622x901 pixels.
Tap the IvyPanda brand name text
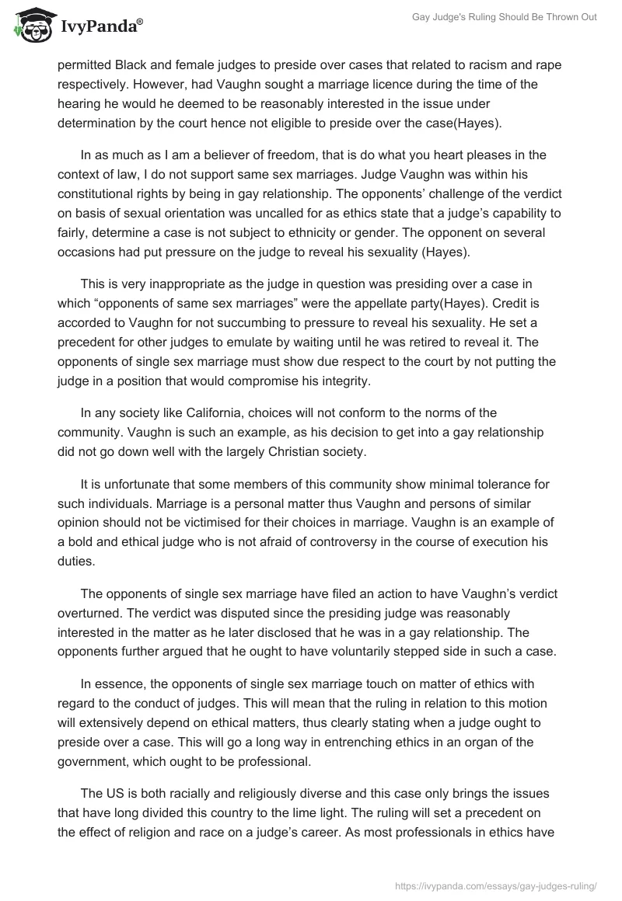[x=99, y=28]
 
